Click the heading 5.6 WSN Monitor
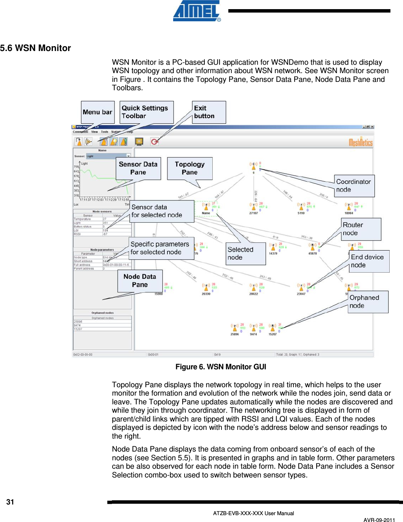(35, 48)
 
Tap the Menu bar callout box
(97, 112)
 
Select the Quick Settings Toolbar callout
(146, 112)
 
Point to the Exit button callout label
(209, 112)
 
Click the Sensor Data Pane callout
(138, 168)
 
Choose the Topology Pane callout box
(190, 168)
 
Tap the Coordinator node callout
(354, 186)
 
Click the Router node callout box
(361, 229)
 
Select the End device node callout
(369, 261)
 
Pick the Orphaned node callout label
(368, 302)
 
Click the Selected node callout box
(245, 254)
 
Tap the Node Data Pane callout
(140, 281)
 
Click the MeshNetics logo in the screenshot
(360, 142)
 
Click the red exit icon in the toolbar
(155, 142)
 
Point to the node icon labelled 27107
(253, 207)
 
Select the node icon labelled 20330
(206, 287)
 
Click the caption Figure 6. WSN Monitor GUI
(221, 367)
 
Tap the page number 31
(10, 502)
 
